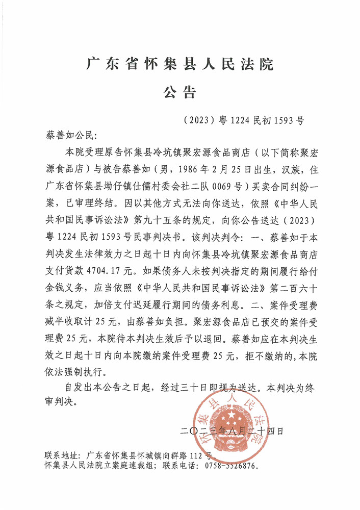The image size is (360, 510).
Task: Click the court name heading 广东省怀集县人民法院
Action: pyautogui.click(x=179, y=65)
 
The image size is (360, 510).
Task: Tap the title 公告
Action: pyautogui.click(x=179, y=92)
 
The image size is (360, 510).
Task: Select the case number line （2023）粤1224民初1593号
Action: pyautogui.click(x=243, y=121)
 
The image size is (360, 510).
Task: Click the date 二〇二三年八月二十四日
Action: pyautogui.click(x=232, y=432)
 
